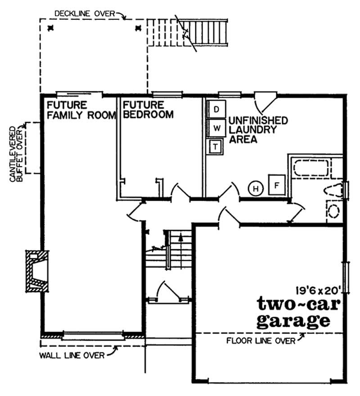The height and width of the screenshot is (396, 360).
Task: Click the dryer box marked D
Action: tap(216, 109)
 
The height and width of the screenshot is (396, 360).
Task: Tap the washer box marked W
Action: tap(216, 128)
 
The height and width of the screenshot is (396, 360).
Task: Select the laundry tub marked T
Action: tap(215, 147)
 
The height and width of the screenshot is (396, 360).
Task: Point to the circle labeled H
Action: tap(256, 189)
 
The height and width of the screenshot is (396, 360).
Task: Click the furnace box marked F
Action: tap(277, 184)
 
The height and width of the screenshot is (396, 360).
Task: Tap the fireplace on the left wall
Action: tap(37, 271)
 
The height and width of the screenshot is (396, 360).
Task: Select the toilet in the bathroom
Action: tap(334, 190)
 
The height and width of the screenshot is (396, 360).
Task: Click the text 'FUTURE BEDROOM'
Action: tap(148, 110)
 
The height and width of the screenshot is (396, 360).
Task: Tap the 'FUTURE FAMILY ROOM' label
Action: tap(81, 110)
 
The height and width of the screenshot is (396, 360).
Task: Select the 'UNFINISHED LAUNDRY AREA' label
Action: tap(258, 130)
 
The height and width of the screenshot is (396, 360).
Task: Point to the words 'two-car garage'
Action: tap(298, 313)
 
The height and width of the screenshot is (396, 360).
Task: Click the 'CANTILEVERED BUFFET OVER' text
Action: tap(16, 154)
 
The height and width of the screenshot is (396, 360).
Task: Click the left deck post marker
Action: tap(51, 28)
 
